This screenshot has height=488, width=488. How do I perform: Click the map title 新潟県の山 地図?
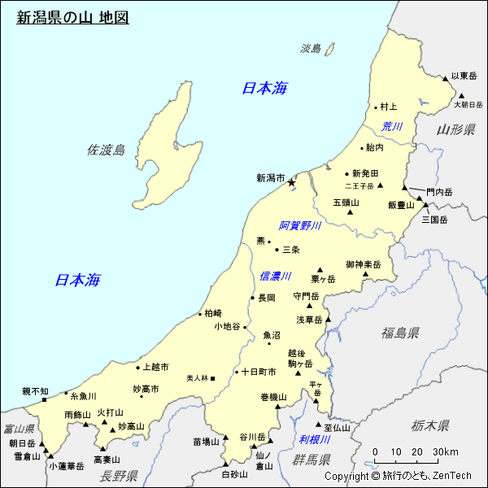pos(72,17)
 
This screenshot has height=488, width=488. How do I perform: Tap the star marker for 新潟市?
pos(290,184)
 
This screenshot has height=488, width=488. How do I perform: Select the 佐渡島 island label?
pos(107,150)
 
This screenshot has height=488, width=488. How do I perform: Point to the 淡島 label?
pos(311,49)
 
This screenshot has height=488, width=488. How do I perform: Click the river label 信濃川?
pos(275,277)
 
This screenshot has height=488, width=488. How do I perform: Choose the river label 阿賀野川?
pos(300,226)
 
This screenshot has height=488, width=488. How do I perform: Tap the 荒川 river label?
pos(392,126)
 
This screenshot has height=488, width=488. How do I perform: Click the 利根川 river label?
pos(314,440)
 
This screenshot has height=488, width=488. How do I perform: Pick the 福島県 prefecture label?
pos(400,333)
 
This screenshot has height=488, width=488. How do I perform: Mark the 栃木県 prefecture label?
pos(430,425)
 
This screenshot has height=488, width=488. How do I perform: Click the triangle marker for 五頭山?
pos(351,212)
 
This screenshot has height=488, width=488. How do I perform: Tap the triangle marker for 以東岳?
pos(446,79)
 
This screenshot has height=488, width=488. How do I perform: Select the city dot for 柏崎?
pos(200,313)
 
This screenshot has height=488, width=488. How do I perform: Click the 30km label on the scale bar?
pos(446,453)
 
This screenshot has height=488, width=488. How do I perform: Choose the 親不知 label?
pos(35,391)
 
